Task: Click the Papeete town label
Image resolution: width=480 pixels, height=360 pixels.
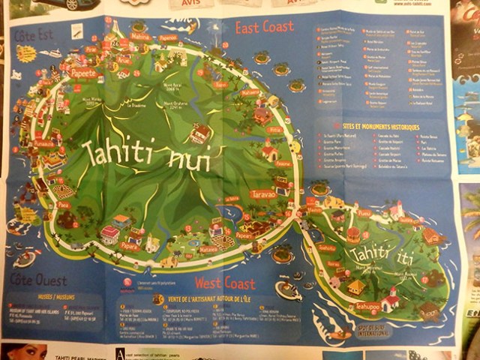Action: [x=83, y=73]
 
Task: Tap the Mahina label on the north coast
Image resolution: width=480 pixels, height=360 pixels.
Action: [x=140, y=36]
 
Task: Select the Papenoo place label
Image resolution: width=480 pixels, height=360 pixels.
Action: [x=169, y=37]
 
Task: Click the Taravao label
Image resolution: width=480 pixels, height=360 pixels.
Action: [x=263, y=193]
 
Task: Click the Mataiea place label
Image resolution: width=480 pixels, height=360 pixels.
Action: [x=209, y=247]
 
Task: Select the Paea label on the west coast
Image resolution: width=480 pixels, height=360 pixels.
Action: [x=64, y=205]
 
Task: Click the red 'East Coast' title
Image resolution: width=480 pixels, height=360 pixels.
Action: [x=264, y=28]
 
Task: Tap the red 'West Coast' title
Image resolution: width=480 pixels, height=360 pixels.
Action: [x=224, y=283]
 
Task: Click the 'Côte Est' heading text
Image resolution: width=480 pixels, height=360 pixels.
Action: [x=33, y=34]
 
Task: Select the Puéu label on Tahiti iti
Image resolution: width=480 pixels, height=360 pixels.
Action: [x=364, y=213]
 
